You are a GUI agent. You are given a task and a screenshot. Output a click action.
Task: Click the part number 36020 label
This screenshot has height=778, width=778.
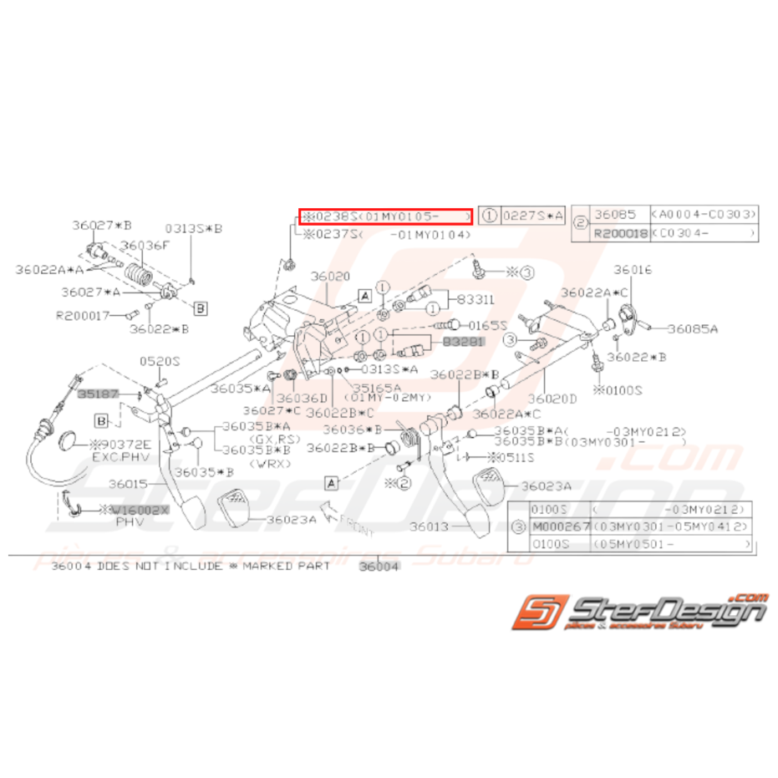point(331,276)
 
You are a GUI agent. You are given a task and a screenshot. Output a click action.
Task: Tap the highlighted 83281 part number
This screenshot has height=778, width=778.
point(463,342)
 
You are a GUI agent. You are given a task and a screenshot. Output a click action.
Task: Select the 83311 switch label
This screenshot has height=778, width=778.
point(473,298)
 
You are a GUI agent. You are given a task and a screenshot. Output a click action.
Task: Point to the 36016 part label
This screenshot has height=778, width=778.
point(633,270)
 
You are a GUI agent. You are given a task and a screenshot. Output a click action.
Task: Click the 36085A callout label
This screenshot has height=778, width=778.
point(692,329)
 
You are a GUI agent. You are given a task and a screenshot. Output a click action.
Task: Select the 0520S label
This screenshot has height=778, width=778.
point(159,361)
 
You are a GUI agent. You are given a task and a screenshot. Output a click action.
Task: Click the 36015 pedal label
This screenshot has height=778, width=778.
point(127,483)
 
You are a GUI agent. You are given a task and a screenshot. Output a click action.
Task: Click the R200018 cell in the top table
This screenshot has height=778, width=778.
point(620,234)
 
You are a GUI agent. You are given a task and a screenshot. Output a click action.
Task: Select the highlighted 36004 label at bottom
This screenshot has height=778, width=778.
point(379,567)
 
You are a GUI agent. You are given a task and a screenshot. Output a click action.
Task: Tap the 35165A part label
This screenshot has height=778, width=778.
point(376,387)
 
